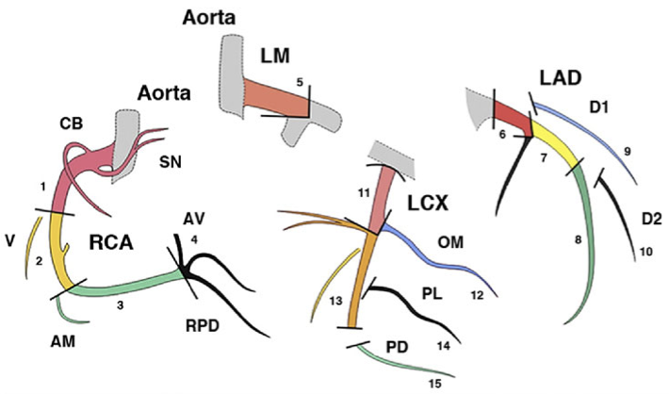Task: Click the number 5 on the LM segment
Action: pos(299,83)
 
